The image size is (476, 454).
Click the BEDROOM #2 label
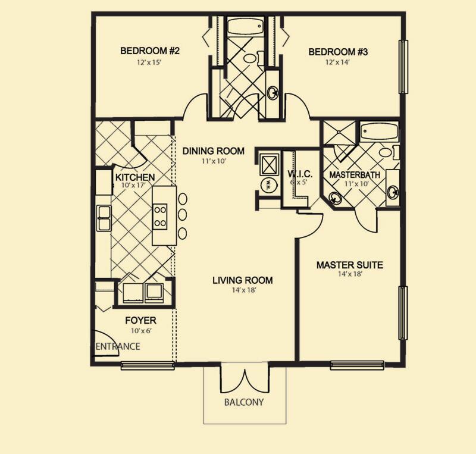click(150, 51)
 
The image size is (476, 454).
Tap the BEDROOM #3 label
click(339, 52)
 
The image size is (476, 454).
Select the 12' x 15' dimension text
click(150, 62)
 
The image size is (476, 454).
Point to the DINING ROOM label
click(214, 151)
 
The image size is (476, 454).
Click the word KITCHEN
click(135, 177)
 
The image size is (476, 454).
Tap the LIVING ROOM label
click(243, 280)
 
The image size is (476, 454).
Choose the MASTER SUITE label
click(349, 265)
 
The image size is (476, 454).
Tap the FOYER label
click(140, 321)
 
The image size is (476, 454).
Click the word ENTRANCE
click(118, 346)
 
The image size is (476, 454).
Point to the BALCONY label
click(243, 402)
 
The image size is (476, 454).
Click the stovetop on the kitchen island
click(160, 216)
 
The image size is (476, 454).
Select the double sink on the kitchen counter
click(105, 218)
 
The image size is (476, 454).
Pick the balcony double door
click(245, 380)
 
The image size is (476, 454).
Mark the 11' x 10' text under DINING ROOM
click(214, 161)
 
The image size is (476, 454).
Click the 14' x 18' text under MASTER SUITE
click(349, 274)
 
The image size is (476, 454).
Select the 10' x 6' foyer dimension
click(140, 331)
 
